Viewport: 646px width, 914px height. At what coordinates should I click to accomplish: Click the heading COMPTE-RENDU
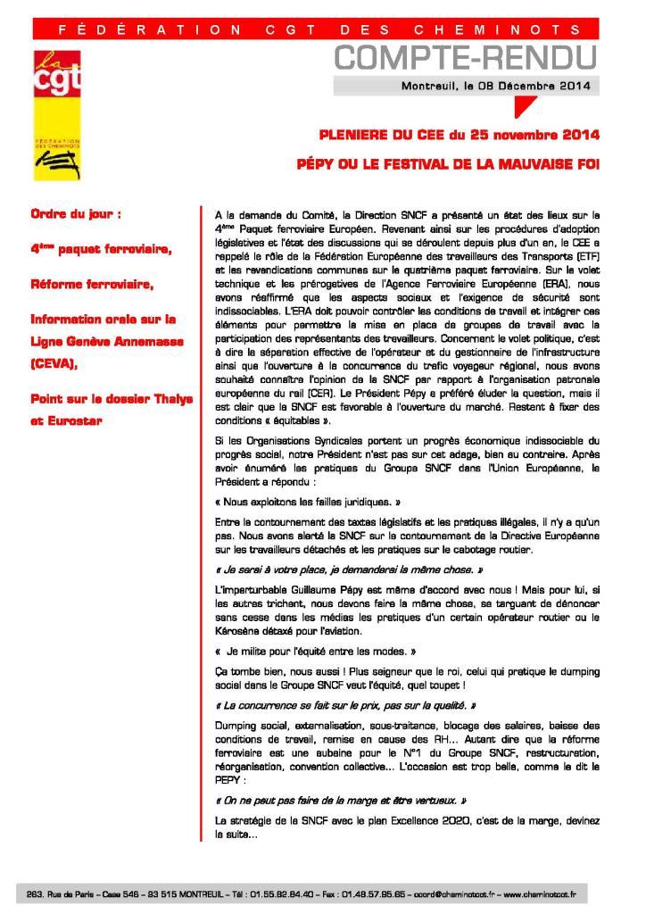[465, 59]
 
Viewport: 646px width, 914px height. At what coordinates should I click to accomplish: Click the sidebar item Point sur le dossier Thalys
[112, 398]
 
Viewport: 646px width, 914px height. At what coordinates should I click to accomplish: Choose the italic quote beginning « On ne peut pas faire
[341, 801]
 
